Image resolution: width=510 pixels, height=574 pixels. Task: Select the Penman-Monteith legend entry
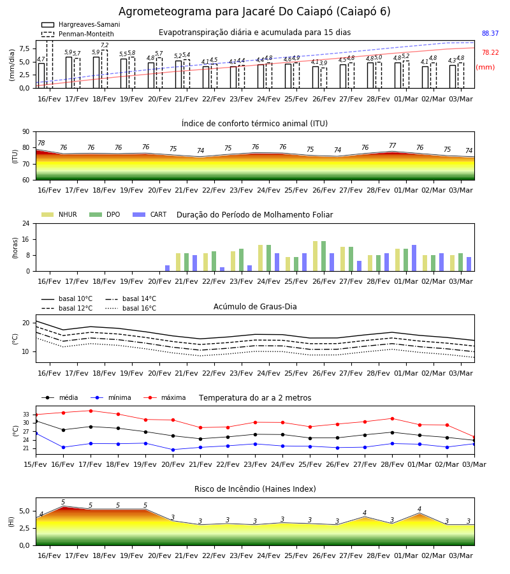click(78, 34)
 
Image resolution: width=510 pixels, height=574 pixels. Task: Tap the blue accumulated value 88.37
click(490, 33)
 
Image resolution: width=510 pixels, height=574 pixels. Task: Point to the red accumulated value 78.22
click(490, 52)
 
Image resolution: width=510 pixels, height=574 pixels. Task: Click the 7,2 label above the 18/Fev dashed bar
click(105, 45)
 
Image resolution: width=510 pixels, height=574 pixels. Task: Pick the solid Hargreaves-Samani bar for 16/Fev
click(41, 76)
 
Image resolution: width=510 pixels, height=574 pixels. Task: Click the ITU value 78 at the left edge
click(41, 143)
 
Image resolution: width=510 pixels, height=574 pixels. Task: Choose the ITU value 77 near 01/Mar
click(393, 145)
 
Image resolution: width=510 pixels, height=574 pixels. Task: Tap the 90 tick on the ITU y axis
click(26, 132)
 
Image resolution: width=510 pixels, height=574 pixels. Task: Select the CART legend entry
click(150, 214)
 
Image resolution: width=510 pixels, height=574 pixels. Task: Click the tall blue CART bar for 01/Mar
click(414, 258)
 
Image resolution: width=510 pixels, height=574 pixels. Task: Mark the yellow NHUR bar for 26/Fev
click(316, 256)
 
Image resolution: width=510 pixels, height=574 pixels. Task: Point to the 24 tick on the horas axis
click(26, 223)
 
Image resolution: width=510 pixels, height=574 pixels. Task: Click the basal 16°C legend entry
click(131, 308)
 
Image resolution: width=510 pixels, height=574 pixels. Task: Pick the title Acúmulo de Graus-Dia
click(255, 306)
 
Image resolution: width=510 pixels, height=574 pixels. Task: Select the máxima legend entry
click(164, 397)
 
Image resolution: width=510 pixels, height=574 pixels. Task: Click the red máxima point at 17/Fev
click(91, 411)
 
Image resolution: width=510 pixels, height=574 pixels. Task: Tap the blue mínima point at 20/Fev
click(173, 450)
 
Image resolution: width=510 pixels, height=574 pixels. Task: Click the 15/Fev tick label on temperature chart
click(35, 464)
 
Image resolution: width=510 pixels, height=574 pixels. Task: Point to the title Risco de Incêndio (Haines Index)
click(255, 489)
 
